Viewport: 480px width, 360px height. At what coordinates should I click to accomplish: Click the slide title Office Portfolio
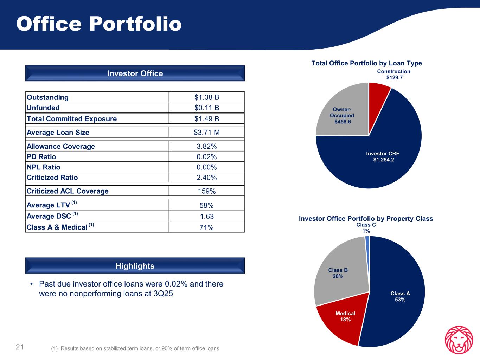(99, 24)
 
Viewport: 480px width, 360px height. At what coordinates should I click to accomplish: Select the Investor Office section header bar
(135, 73)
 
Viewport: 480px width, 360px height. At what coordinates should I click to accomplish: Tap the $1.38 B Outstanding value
(207, 97)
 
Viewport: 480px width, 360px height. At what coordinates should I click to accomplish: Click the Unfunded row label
(43, 108)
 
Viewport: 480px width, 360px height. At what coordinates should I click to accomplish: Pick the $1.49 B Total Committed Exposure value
(207, 119)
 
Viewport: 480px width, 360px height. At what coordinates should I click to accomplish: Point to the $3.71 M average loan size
(207, 133)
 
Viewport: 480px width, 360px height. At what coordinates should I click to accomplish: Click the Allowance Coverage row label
(61, 146)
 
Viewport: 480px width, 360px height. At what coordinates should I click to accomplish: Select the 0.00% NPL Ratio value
(207, 167)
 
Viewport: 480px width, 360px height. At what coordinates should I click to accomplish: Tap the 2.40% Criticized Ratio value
(207, 178)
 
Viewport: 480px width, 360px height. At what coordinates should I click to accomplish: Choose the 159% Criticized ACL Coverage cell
(207, 191)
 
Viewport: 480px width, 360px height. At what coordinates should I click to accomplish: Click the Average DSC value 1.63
(207, 217)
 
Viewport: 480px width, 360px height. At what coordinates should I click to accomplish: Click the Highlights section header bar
(135, 266)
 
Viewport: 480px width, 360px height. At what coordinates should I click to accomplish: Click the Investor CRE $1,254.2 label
(383, 157)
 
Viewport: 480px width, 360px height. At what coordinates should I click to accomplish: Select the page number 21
(20, 347)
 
